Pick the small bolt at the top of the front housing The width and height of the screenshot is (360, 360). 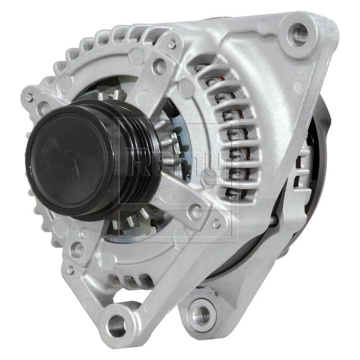(x=172, y=44)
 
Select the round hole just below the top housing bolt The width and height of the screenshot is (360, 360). (x=159, y=66)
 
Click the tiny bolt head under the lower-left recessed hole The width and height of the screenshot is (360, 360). (x=70, y=269)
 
